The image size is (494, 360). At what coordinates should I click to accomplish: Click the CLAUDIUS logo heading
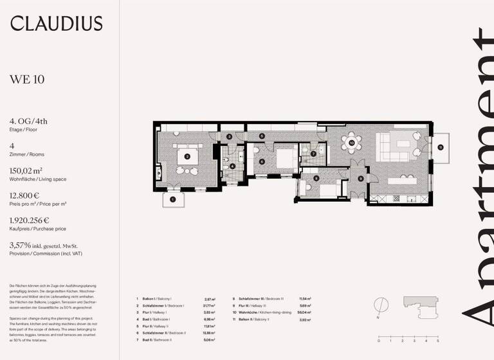[56, 24]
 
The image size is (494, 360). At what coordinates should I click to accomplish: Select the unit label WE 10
[26, 80]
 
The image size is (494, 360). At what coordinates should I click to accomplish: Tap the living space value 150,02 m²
[26, 171]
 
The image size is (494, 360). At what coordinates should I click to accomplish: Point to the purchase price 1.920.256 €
[29, 221]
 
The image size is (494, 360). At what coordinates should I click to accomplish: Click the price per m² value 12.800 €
[24, 195]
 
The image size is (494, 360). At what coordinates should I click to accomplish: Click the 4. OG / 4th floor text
[28, 121]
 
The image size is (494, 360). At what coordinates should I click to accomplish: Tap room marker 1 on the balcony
[172, 200]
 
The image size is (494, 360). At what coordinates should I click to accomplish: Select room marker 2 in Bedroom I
[187, 156]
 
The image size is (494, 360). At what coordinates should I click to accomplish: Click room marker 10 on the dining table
[351, 142]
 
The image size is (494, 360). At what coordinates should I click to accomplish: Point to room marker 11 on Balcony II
[440, 147]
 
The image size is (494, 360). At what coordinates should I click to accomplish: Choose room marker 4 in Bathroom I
[232, 166]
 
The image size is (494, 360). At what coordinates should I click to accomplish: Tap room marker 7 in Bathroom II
[313, 154]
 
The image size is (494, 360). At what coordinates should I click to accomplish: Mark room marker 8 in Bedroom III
[307, 177]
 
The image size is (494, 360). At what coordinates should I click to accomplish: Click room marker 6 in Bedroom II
[262, 161]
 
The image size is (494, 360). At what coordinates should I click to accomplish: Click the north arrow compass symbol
[381, 304]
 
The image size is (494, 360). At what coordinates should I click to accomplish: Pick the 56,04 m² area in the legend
[305, 312]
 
